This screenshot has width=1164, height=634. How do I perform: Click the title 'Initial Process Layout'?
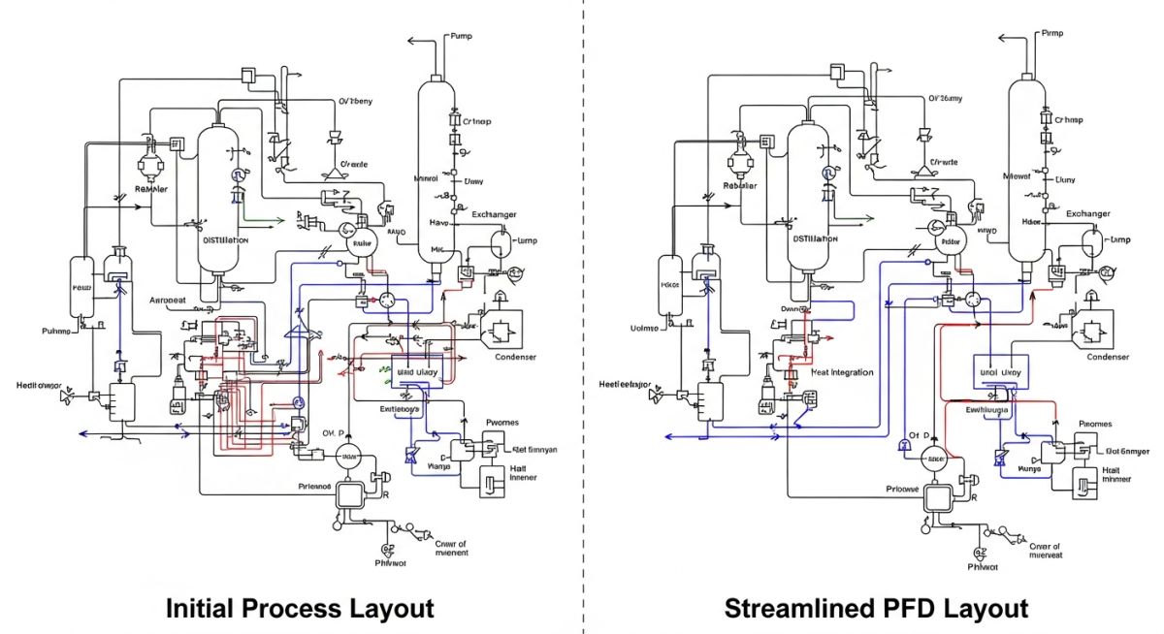click(300, 609)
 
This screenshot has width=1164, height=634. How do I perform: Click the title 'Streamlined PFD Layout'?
click(876, 609)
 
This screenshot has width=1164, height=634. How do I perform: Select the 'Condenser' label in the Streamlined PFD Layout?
click(1108, 357)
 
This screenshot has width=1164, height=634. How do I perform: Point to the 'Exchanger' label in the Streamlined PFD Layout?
click(1088, 213)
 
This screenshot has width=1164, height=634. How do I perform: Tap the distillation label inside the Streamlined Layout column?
click(815, 238)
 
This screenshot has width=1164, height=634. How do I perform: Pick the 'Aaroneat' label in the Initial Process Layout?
click(167, 301)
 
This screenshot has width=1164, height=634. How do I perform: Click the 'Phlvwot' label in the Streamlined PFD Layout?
click(983, 567)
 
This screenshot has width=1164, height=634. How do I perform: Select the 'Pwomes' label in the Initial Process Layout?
click(501, 424)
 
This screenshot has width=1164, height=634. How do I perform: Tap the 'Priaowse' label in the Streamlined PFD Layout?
click(903, 489)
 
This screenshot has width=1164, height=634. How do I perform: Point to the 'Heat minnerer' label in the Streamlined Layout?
click(1115, 474)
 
